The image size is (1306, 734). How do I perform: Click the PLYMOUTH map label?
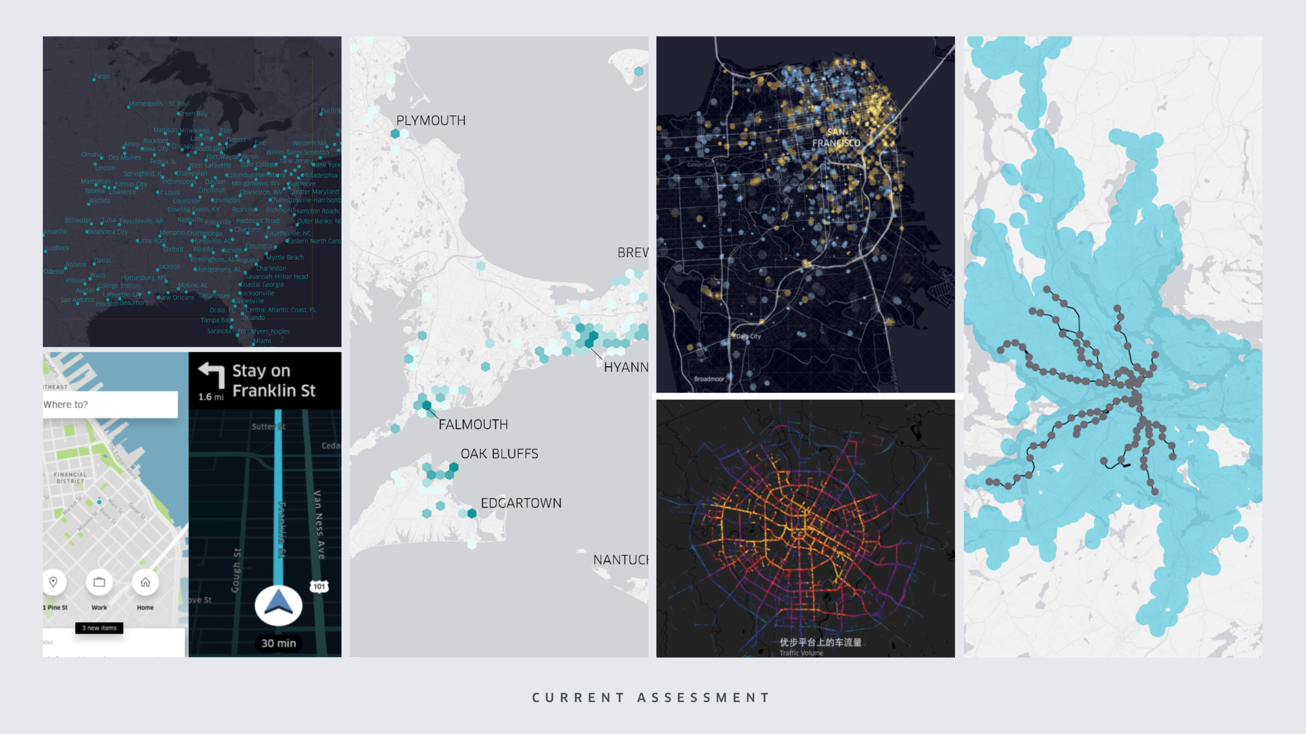(430, 121)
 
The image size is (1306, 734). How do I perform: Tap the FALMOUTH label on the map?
(473, 424)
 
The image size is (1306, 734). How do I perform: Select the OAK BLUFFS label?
(499, 454)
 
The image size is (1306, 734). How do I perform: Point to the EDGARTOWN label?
(521, 503)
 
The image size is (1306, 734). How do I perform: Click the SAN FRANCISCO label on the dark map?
(836, 138)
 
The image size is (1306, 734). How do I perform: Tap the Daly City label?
(748, 337)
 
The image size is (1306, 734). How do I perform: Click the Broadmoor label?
(709, 379)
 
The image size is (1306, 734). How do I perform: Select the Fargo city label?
(102, 76)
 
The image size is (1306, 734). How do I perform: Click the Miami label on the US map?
(262, 341)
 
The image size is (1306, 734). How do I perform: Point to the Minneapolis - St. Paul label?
(159, 104)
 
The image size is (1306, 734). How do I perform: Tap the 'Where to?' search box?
(110, 405)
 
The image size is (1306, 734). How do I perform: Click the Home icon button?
(145, 582)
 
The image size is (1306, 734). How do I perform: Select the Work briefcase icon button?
(99, 582)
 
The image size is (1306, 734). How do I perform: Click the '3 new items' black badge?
(99, 628)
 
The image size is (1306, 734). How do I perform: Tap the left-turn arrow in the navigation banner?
(212, 374)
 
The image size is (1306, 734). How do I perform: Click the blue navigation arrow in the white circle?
(278, 605)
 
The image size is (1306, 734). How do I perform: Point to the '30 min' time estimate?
(278, 643)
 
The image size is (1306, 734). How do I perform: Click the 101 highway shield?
(319, 586)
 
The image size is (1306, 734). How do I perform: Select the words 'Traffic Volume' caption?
(801, 653)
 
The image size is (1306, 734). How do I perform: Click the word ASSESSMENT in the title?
(703, 698)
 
